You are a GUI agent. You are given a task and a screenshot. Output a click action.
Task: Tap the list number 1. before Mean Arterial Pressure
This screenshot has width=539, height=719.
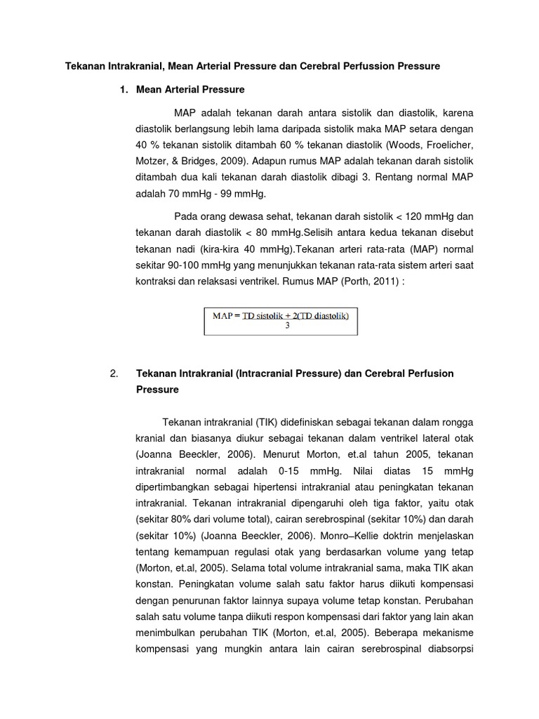pyautogui.click(x=125, y=90)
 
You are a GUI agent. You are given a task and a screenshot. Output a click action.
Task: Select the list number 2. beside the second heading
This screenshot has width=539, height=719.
pyautogui.click(x=115, y=374)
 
